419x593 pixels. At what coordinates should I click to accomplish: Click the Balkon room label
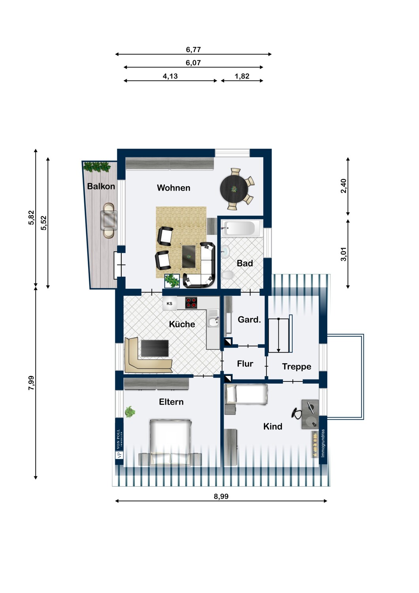coord(101,186)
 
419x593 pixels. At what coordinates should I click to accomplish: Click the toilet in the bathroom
coord(228,275)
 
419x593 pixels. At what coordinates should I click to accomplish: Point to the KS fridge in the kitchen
coord(170,304)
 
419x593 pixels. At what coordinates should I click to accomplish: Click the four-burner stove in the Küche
coord(191,303)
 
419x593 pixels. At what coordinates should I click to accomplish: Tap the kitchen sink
coord(213,322)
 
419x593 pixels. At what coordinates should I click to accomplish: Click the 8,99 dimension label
coord(221,497)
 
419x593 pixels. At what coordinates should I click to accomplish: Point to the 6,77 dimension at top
coord(193,49)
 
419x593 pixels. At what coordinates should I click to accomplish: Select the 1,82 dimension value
coord(242,76)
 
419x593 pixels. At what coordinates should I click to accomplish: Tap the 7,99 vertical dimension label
coord(31,383)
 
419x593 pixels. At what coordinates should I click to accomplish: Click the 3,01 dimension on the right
coord(344,254)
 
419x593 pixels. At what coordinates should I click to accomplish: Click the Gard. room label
coord(249,319)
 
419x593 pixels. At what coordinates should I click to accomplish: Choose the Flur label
coord(245,364)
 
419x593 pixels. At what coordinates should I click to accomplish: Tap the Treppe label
coord(296,366)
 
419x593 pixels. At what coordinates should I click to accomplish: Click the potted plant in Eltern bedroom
coord(130,412)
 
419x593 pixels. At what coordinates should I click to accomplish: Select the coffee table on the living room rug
coord(189,256)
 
